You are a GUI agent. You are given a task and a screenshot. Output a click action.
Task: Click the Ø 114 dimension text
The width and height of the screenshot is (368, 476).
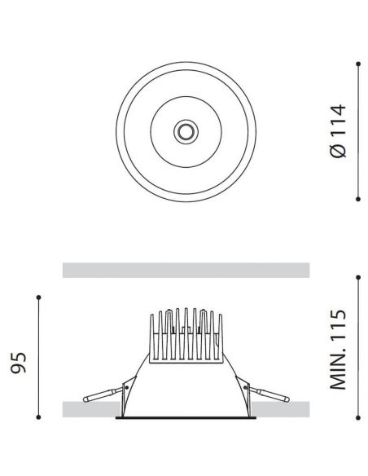point(340,130)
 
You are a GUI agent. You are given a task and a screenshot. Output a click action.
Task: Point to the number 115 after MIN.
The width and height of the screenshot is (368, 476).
point(340,328)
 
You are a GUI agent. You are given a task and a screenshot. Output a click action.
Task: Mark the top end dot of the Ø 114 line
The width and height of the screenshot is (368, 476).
point(359,63)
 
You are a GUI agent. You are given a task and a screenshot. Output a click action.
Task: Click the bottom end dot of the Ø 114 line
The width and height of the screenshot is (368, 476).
point(359,196)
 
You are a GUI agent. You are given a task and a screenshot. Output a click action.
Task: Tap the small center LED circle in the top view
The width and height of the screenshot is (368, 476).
point(186,130)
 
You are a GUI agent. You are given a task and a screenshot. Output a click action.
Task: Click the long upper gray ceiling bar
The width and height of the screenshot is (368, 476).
point(186,270)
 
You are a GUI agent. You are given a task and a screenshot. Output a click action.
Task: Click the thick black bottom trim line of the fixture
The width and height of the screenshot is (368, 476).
point(184,422)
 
